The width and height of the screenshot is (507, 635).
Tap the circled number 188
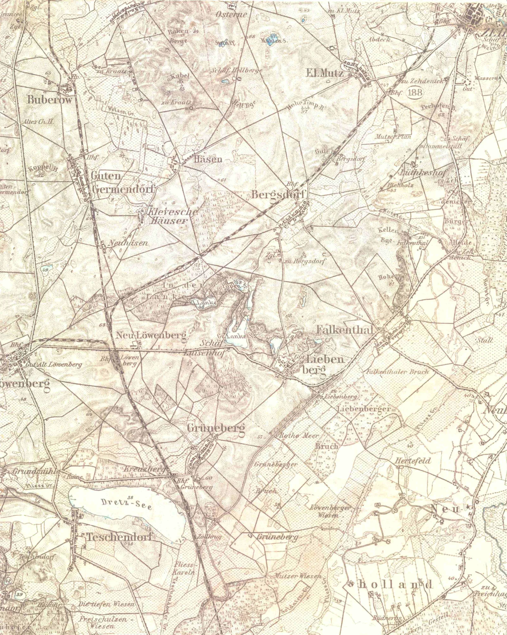tap(415, 92)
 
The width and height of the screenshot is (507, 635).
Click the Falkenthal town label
tap(345, 330)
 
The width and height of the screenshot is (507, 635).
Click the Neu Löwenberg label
tap(152, 335)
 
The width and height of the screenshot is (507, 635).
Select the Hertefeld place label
tap(413, 461)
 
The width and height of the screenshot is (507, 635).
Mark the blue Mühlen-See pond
tap(272, 40)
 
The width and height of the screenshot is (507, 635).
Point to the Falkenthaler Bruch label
tap(397, 372)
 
